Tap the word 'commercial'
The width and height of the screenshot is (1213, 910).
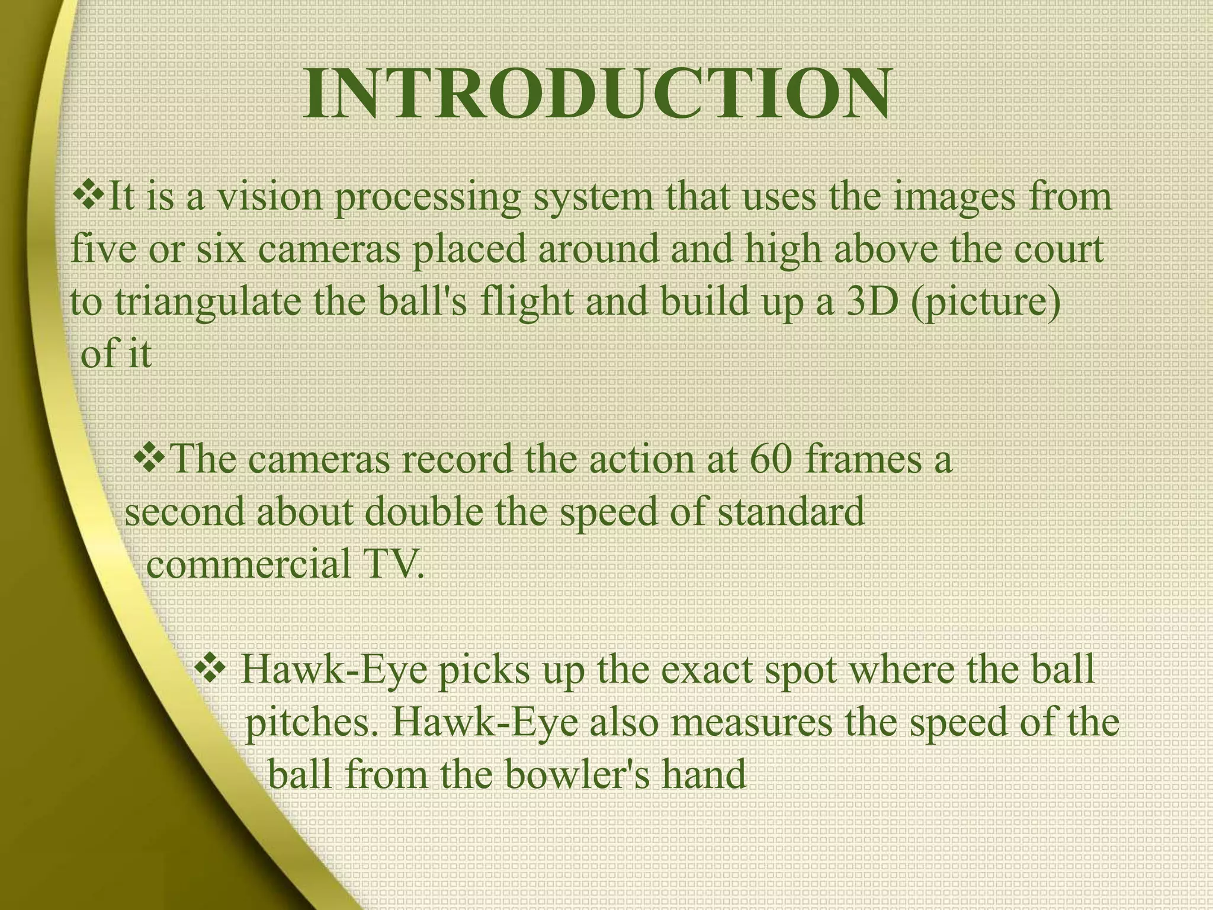[248, 565]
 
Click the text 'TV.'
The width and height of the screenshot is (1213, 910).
[393, 563]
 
